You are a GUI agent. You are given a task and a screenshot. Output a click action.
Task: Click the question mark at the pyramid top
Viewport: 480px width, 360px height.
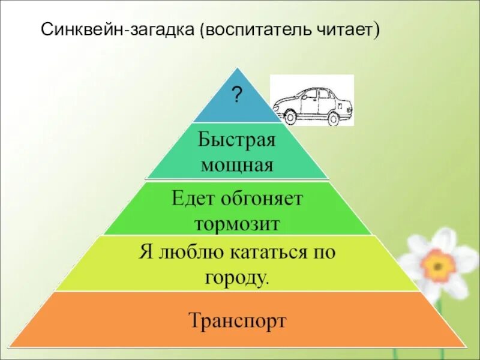(x=237, y=94)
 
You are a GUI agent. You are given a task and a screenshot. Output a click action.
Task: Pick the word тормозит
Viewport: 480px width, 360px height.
(x=236, y=223)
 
